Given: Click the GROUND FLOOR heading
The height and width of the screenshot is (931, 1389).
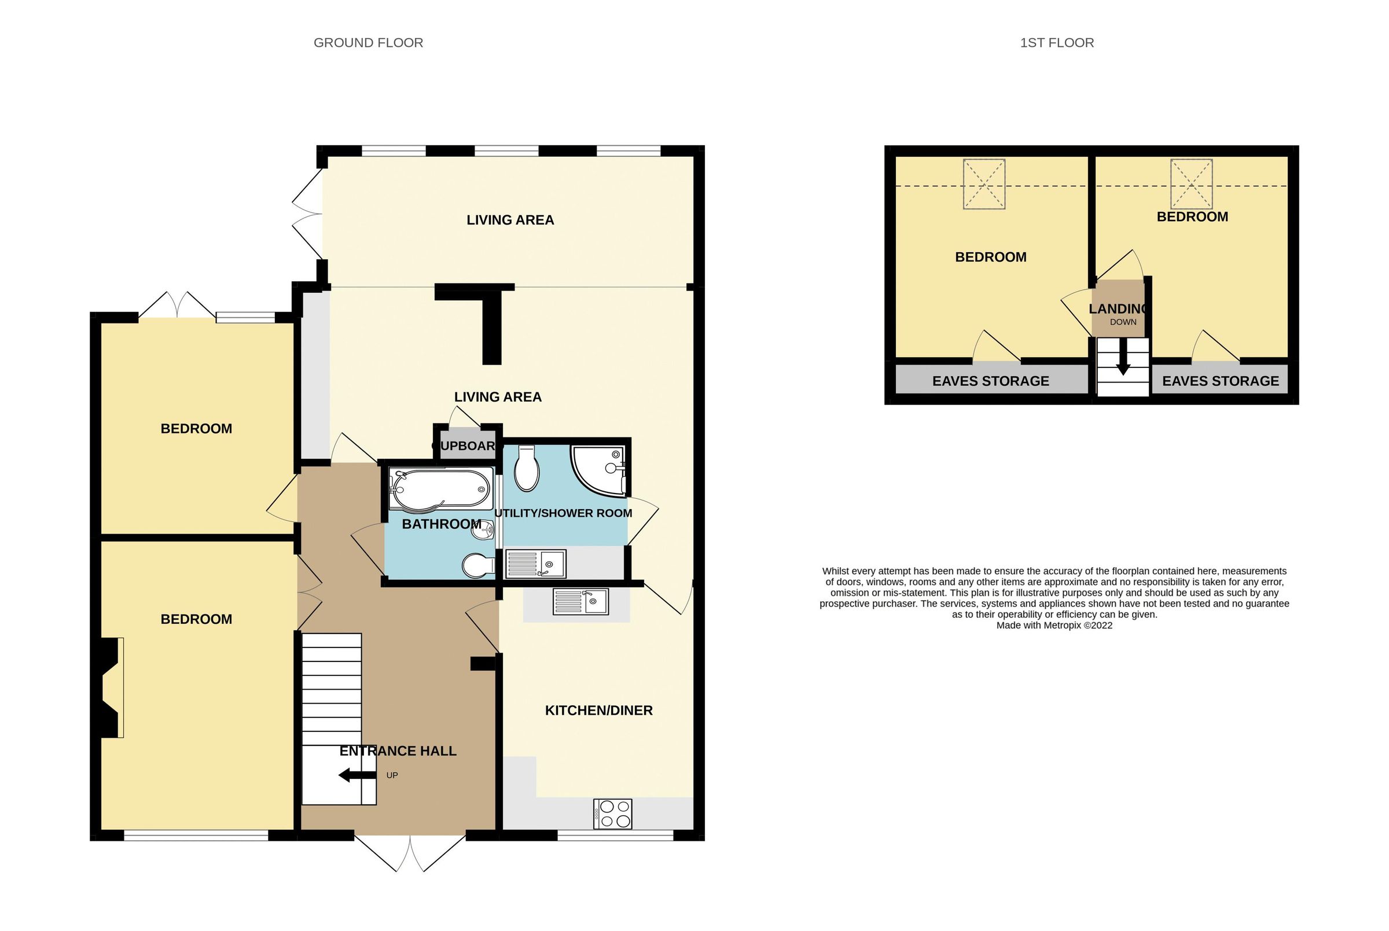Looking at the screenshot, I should click(x=368, y=43).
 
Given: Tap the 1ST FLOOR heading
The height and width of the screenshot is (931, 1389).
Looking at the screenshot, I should click(x=1056, y=43).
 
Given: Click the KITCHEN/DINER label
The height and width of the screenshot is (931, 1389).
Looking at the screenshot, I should click(x=598, y=710).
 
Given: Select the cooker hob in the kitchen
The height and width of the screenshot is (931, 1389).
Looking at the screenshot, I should click(x=612, y=814).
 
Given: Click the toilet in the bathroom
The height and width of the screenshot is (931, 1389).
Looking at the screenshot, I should click(x=478, y=566).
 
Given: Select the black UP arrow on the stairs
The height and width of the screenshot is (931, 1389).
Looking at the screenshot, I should click(x=357, y=775).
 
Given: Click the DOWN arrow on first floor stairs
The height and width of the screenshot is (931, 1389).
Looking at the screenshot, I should click(x=1123, y=363).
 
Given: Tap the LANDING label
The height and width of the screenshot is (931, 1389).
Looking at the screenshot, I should click(x=1118, y=309).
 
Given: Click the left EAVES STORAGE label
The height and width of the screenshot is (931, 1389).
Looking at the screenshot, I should click(x=991, y=381).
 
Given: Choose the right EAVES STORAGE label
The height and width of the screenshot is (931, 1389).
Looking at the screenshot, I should click(x=1221, y=381).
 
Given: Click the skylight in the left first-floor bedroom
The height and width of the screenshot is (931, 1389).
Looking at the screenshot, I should click(x=984, y=184).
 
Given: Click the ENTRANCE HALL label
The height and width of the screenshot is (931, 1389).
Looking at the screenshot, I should click(x=398, y=750).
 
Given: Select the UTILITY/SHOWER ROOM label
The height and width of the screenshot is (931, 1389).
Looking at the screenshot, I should click(x=563, y=513).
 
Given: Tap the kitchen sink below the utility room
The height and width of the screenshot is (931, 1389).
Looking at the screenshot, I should click(x=580, y=601).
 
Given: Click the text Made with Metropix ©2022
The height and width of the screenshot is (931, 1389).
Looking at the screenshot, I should click(x=1054, y=625).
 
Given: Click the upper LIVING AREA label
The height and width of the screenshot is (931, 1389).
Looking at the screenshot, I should click(x=510, y=220).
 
